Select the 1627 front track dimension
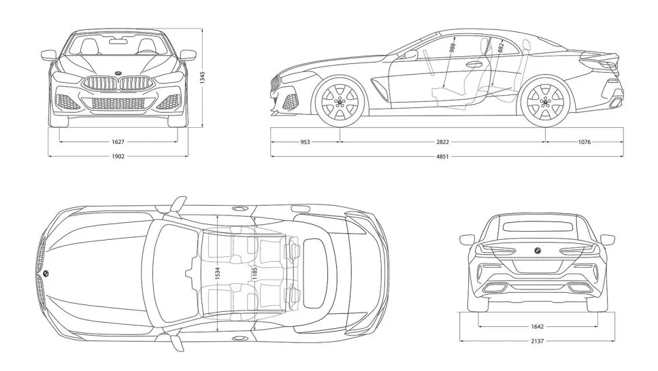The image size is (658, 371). (x=118, y=142)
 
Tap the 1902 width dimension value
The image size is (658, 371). (x=118, y=156)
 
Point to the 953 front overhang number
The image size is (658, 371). (x=305, y=142)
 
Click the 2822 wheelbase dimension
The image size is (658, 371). (x=442, y=142)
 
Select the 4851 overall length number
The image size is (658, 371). (x=442, y=156)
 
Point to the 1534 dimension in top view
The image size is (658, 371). (x=217, y=274)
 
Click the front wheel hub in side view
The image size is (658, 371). (x=340, y=102)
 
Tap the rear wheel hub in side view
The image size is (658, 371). (x=544, y=102)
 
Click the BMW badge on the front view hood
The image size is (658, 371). (x=118, y=73)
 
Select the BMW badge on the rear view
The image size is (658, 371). (x=536, y=251)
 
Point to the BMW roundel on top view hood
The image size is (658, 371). (x=46, y=273)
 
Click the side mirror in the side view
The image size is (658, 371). (x=411, y=55)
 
